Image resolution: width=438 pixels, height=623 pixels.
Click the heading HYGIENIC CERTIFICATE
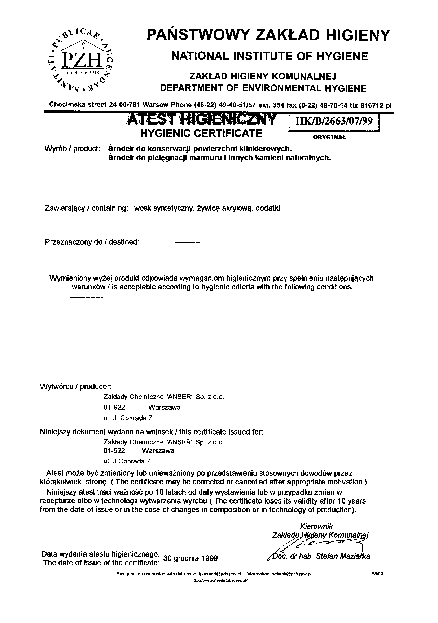tap(201, 133)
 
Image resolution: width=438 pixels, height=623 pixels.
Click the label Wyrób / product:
tap(72, 148)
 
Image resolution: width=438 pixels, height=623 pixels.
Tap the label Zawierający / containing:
tap(86, 208)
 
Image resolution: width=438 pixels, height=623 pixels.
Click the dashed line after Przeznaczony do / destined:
tap(187, 243)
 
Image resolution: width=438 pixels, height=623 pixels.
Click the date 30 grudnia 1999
tap(190, 558)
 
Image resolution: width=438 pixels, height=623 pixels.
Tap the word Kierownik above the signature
tap(316, 527)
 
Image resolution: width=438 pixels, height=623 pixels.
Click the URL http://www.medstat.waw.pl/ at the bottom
tap(219, 581)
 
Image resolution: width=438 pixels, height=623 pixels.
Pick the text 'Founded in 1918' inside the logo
tap(81, 73)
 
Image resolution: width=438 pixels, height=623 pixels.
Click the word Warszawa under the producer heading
tap(164, 408)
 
